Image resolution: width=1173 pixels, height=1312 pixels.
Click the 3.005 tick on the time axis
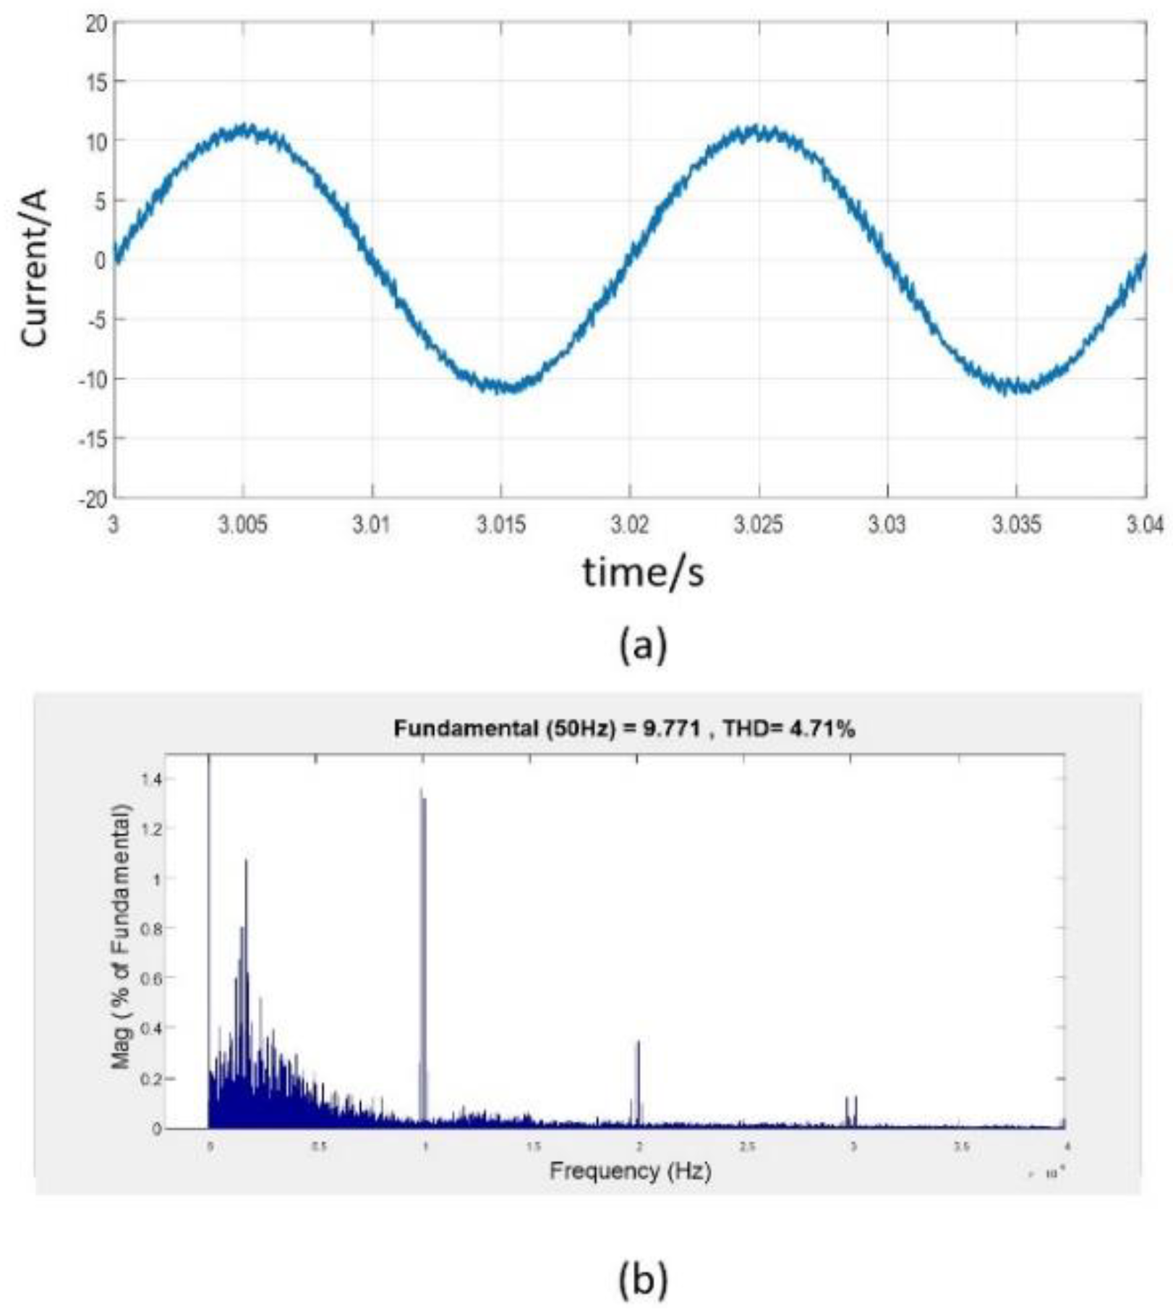pos(242,524)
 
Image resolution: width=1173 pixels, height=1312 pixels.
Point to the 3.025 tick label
pos(758,524)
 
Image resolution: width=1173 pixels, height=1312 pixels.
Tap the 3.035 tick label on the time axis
pos(1016,524)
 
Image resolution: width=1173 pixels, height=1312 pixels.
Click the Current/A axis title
pos(34,268)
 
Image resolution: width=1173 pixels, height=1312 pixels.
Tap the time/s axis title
pos(643,573)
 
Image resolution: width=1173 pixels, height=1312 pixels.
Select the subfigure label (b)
pos(643,1279)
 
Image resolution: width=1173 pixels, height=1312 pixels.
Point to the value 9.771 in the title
pos(671,729)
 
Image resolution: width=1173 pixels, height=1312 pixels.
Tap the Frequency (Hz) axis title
pos(630,1170)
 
